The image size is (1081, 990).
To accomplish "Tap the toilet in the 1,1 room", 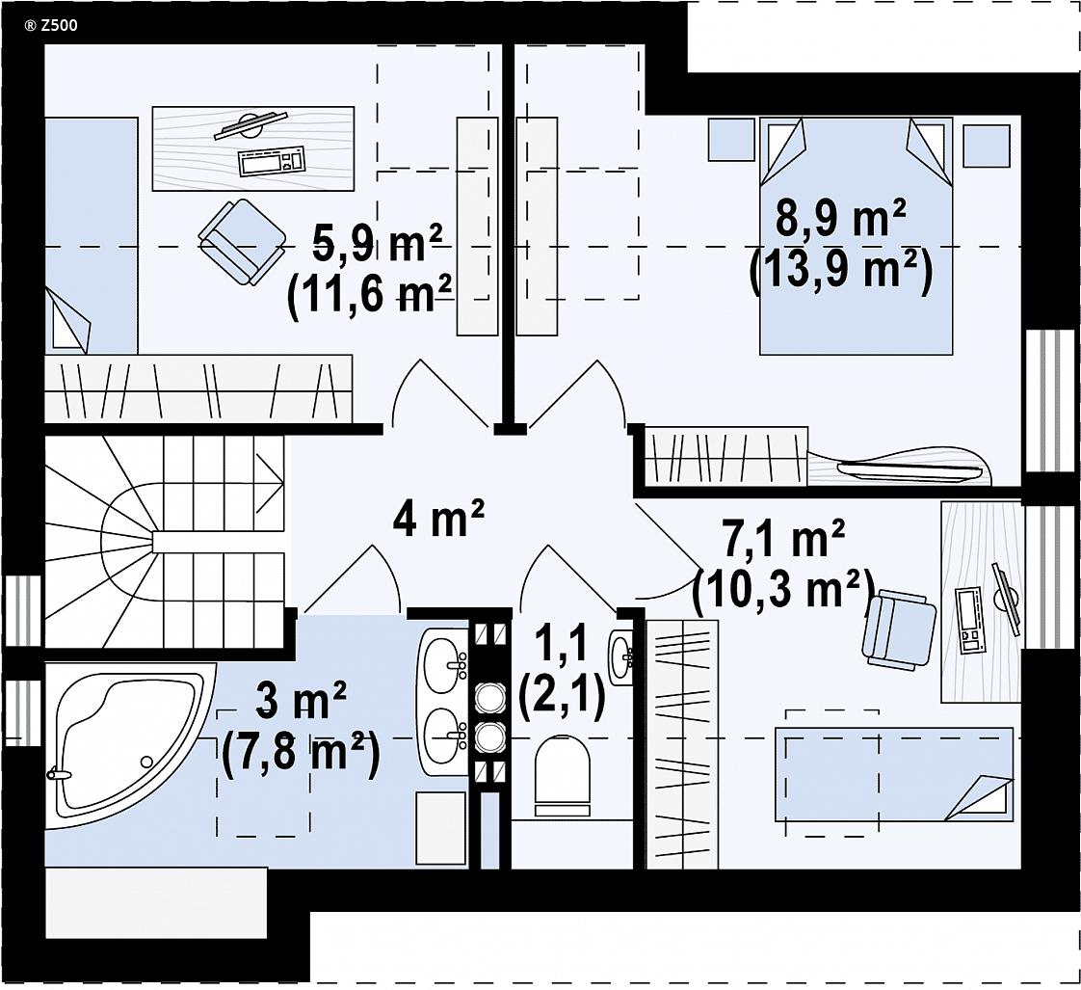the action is [x=564, y=769].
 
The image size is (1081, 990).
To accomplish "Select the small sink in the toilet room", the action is [x=620, y=653].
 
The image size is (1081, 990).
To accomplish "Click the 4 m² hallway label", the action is [x=439, y=519].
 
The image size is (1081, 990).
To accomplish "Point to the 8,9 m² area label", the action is [x=840, y=218].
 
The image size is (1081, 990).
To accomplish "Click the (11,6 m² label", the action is [x=370, y=297].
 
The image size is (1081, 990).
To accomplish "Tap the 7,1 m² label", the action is [x=783, y=540].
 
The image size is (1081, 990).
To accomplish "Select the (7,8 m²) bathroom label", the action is [x=302, y=756].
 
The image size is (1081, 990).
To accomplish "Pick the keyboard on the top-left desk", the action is [x=272, y=161].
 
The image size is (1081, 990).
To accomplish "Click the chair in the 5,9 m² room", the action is [x=242, y=241].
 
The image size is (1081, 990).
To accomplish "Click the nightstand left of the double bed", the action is [x=731, y=140].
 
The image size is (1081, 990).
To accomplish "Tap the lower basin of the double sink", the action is [x=442, y=736].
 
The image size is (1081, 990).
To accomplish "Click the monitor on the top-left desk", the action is [x=250, y=125].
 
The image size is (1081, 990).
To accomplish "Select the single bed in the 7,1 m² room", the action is [x=894, y=774].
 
